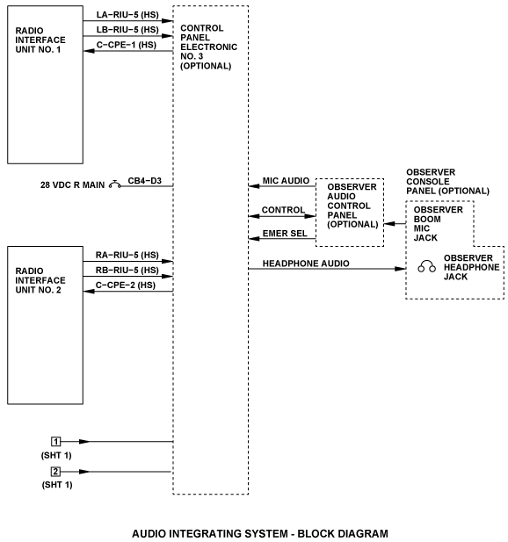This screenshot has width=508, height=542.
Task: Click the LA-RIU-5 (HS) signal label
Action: (127, 15)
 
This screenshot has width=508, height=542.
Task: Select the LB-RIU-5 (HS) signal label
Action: (127, 30)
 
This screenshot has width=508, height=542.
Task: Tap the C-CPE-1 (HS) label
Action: (127, 45)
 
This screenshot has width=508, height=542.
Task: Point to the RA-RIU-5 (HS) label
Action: (127, 255)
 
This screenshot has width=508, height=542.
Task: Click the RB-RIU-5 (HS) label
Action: (127, 270)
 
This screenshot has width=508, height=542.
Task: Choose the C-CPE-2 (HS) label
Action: (126, 285)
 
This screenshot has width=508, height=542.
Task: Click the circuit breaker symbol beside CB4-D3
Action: (115, 184)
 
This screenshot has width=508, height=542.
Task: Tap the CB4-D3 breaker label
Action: (144, 181)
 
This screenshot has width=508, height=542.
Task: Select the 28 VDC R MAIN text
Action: (72, 185)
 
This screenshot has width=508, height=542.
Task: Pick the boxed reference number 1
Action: (55, 441)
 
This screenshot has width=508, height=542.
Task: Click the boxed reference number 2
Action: (55, 472)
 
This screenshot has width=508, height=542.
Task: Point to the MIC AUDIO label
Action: (286, 181)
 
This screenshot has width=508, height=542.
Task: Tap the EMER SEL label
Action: (285, 234)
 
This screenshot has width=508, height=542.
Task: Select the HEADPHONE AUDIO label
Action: (306, 264)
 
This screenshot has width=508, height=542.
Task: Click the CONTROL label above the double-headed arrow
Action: (283, 210)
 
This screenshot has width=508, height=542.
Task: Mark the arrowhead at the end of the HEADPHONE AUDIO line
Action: (401, 269)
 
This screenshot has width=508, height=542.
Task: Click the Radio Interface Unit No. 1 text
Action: (40, 40)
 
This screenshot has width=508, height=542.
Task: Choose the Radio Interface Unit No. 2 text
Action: (40, 280)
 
